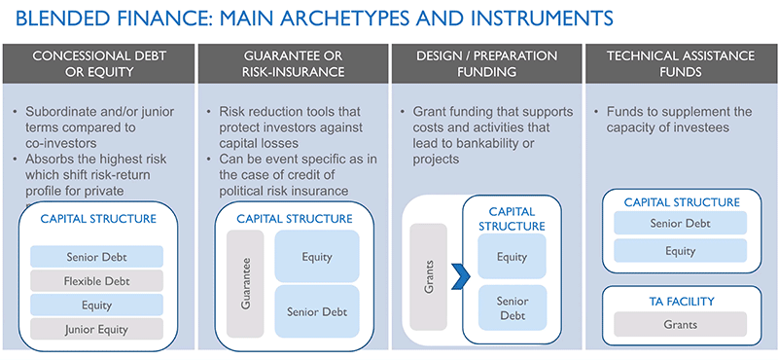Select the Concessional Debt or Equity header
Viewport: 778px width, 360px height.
coord(97,63)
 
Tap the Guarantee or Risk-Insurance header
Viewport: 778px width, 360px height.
coord(291,63)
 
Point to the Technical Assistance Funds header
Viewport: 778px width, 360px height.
coord(680,63)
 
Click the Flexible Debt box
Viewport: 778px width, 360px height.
coord(96,281)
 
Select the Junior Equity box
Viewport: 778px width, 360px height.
coord(96,328)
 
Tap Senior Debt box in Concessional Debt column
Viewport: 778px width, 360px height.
coord(96,257)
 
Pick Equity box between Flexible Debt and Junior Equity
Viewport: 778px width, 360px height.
coord(96,305)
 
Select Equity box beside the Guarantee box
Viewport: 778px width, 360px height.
coord(317,257)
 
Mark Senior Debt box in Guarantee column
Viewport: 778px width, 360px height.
coord(317,311)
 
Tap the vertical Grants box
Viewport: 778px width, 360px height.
coord(429,275)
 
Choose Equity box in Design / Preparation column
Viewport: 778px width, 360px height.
coord(512,258)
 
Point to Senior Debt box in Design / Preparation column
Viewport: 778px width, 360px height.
coord(512,309)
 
